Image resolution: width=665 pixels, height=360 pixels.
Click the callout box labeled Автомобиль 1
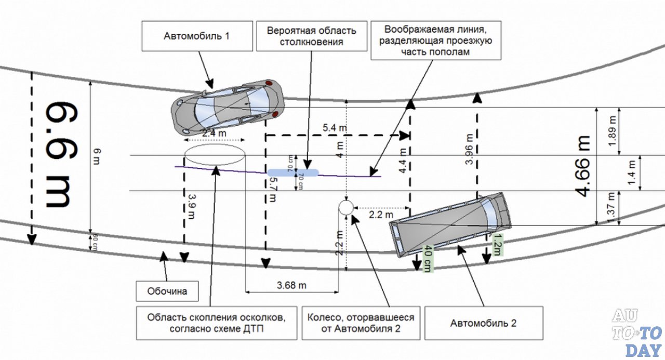pyautogui.click(x=197, y=36)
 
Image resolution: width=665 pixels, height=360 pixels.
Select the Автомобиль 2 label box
pyautogui.click(x=483, y=323)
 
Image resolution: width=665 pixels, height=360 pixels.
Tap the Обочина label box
pyautogui.click(x=168, y=291)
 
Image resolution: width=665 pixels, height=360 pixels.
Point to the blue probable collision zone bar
pyautogui.click(x=293, y=172)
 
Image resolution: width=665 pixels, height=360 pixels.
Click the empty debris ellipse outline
pyautogui.click(x=215, y=154)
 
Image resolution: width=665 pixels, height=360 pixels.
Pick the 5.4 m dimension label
pyautogui.click(x=335, y=127)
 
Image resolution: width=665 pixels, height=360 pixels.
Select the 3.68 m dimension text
pyautogui.click(x=291, y=285)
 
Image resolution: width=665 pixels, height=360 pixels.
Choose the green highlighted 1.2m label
pyautogui.click(x=497, y=245)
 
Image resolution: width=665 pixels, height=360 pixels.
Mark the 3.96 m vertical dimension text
pyautogui.click(x=470, y=151)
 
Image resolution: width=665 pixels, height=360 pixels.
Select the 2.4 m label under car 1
pyautogui.click(x=214, y=134)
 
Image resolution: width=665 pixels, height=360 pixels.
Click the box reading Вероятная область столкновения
pyautogui.click(x=312, y=36)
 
